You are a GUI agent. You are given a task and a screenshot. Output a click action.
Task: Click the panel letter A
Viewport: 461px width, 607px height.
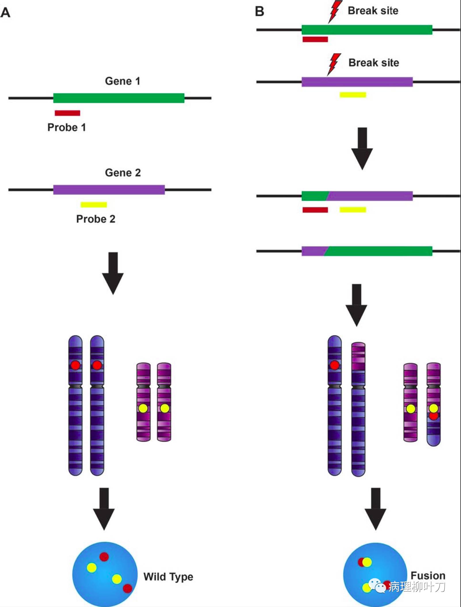point(5,13)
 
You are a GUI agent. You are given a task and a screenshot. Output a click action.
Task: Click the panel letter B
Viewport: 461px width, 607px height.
point(259,11)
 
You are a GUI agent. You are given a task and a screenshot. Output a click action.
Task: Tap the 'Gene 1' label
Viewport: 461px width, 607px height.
point(123,81)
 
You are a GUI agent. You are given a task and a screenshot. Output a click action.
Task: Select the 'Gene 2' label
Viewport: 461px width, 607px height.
point(123,173)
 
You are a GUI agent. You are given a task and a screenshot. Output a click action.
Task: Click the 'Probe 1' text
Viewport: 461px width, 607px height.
point(67,127)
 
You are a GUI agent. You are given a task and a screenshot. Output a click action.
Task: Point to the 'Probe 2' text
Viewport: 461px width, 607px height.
point(95,219)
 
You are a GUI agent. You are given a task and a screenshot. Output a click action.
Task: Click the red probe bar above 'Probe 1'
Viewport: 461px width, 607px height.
point(67,113)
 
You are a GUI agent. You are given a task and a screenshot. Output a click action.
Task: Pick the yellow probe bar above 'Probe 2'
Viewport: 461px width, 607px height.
point(94,205)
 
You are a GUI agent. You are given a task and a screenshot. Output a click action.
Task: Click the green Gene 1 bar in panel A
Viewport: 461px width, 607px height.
point(118,98)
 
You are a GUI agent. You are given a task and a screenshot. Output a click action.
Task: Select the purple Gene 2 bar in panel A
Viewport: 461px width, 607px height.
point(109,190)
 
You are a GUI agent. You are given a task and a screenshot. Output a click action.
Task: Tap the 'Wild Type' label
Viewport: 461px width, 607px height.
point(168,577)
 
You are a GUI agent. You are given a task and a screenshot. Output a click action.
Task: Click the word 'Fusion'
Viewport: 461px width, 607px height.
point(428,575)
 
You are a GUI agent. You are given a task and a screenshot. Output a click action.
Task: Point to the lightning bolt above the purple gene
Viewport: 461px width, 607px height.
point(334,64)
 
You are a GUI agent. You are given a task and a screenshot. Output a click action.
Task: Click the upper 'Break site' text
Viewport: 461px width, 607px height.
point(373,11)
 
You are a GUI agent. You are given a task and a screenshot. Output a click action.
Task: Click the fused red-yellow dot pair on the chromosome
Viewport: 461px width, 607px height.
point(433,412)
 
